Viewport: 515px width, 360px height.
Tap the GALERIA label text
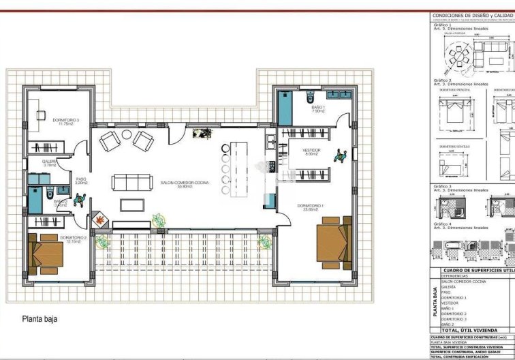(49, 163)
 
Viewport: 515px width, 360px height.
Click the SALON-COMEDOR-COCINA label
(185, 183)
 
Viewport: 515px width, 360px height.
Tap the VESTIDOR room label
(312, 151)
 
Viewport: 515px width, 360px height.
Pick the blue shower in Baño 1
(285, 108)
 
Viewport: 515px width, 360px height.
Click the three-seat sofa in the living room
(132, 182)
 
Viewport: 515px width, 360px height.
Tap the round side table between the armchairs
(127, 135)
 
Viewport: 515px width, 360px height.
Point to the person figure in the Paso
(81, 199)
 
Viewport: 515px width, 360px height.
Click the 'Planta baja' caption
(40, 318)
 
